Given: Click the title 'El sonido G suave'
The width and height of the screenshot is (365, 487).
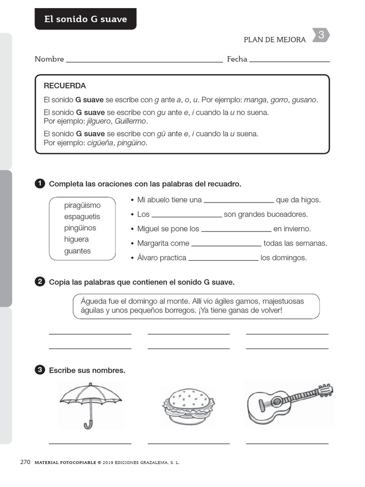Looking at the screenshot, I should coord(86,19).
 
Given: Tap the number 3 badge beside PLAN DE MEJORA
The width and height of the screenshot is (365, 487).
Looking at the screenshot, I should coord(321,35).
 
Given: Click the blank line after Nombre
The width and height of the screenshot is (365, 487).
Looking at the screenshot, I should coord(144,61).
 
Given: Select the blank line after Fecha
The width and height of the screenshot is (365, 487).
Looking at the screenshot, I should coord(289,61).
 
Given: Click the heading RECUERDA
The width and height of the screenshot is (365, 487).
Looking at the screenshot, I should coord(65,86).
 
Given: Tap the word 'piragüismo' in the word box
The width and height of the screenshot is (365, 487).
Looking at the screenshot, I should coord(82,205).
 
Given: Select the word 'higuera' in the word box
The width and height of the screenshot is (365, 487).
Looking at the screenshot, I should coord(77,239).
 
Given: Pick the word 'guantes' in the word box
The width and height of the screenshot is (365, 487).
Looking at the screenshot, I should coord(77,251).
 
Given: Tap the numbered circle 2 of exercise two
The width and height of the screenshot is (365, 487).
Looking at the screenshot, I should coord(40,282).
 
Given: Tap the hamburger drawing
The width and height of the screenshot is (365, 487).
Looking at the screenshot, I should coord(188,406).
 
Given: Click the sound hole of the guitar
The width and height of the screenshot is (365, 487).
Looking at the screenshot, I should coord(264,406).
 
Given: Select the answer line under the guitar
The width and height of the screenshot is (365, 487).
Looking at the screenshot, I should coord(287,443).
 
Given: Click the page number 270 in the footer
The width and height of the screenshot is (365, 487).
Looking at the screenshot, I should coord(25,462).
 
